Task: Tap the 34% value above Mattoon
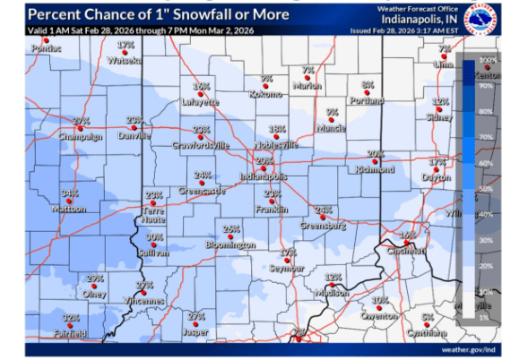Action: [69, 193]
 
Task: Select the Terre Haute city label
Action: [153, 215]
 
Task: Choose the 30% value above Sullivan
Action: [154, 237]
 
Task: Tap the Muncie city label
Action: [332, 128]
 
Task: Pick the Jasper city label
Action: [195, 332]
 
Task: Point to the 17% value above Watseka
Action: [125, 43]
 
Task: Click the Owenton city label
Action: [379, 316]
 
